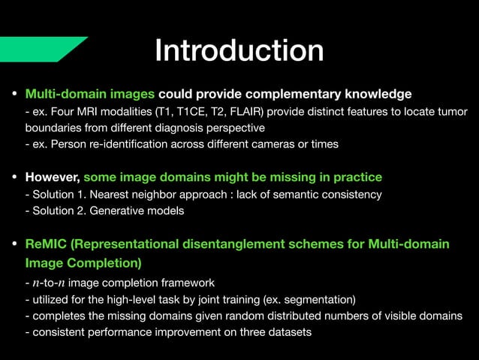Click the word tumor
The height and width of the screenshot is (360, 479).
450,112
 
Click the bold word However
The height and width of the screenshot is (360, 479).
53,177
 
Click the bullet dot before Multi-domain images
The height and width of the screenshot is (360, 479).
14,95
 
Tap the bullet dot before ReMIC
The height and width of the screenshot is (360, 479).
14,245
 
